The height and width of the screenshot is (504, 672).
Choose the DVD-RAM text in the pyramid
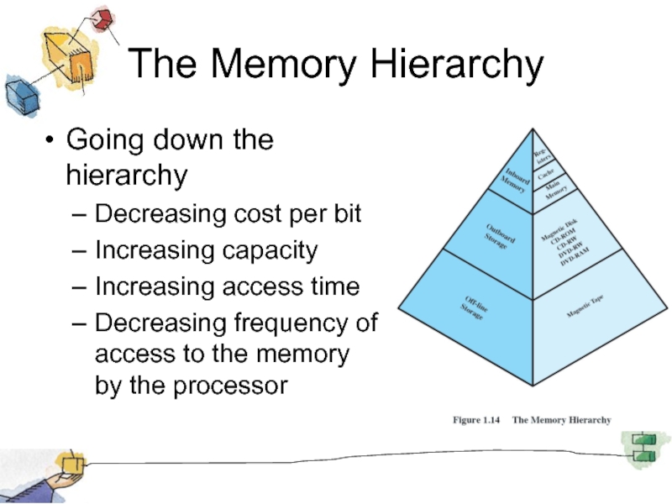tap(575, 256)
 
